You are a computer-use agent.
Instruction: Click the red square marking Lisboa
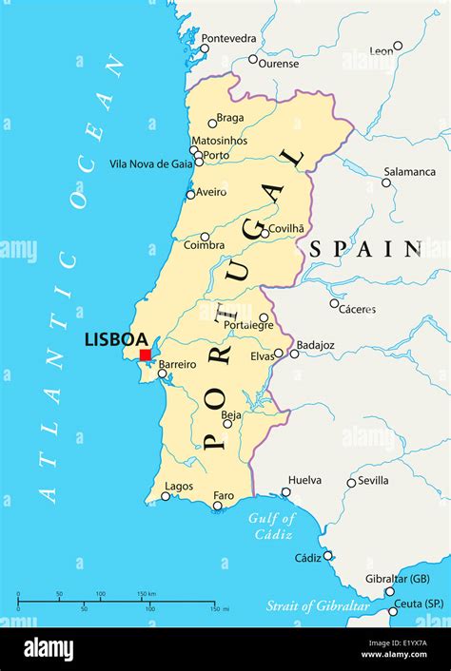point(145,355)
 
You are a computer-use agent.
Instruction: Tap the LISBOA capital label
point(116,339)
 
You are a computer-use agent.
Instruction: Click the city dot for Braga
point(212,123)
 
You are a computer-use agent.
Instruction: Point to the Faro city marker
point(218,505)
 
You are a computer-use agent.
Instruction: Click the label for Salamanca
point(409,171)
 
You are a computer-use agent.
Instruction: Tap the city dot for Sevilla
point(351,483)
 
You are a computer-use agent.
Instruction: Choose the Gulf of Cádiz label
point(272,526)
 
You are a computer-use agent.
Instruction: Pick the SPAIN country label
point(364,249)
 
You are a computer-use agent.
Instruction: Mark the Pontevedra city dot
point(205,48)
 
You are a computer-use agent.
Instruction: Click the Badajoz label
point(316,345)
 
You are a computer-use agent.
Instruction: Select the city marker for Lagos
point(166,496)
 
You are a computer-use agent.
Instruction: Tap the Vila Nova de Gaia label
point(150,163)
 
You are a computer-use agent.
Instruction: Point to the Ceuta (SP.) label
point(420,603)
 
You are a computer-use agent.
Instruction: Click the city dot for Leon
point(398,46)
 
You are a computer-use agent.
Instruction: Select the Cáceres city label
point(357,309)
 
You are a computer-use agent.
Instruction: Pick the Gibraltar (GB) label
point(398,579)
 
